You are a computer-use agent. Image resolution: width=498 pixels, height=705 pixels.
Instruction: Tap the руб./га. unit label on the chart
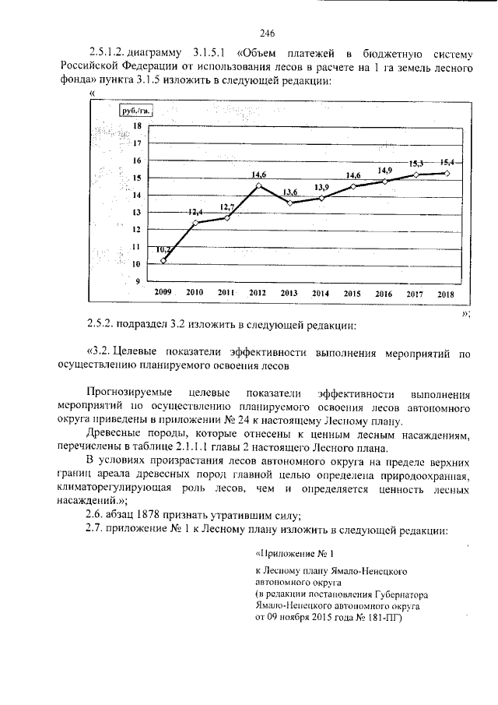coord(134,111)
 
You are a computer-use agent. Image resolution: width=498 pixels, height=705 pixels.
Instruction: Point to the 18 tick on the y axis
coord(137,126)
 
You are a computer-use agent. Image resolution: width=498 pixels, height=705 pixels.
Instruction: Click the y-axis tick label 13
coord(137,212)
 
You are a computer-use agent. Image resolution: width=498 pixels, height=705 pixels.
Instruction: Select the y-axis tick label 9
coord(138,281)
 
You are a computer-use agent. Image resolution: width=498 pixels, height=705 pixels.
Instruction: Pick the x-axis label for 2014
coord(321,292)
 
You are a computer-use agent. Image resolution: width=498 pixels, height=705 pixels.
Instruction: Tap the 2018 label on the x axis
coord(446,292)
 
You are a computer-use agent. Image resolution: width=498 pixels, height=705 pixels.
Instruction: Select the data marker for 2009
coord(163,260)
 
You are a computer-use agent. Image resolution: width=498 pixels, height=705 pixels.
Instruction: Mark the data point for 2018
coord(446,173)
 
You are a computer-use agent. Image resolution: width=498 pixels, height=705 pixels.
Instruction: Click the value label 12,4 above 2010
coord(195,212)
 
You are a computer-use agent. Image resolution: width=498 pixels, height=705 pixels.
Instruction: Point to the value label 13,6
coord(289,192)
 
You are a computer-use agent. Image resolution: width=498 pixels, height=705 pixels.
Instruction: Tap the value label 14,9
coord(385,170)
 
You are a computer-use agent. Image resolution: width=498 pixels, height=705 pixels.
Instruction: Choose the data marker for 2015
coord(353,186)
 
